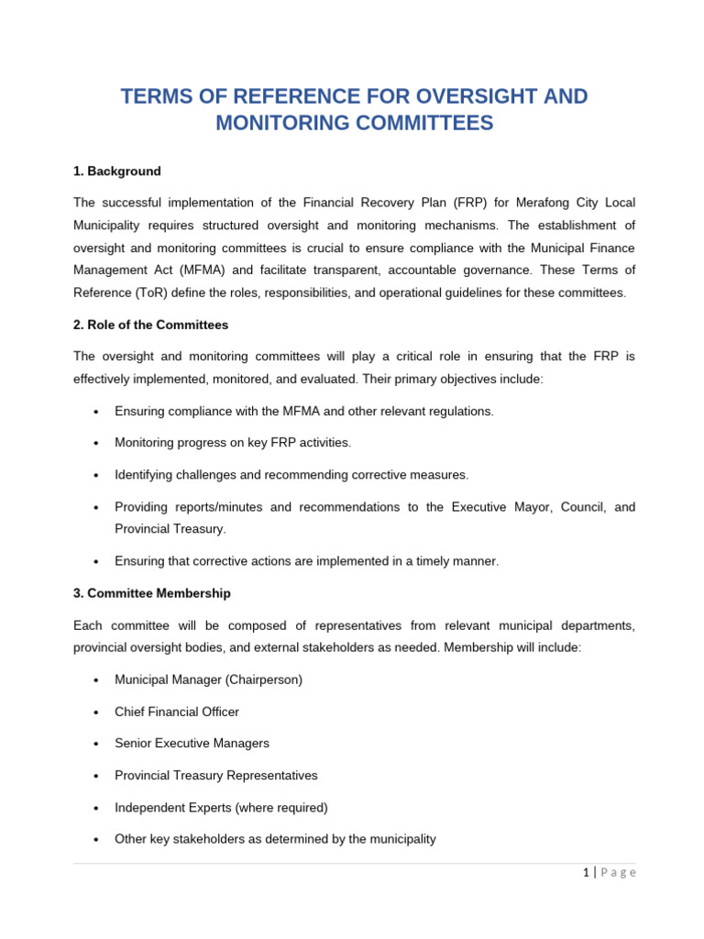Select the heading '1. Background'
pos(116,171)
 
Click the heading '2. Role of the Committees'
pos(150,325)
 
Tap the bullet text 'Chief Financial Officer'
pos(177,712)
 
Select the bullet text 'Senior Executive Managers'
pos(192,744)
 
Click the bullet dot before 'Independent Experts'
pos(96,808)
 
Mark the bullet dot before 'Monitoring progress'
pos(96,443)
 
